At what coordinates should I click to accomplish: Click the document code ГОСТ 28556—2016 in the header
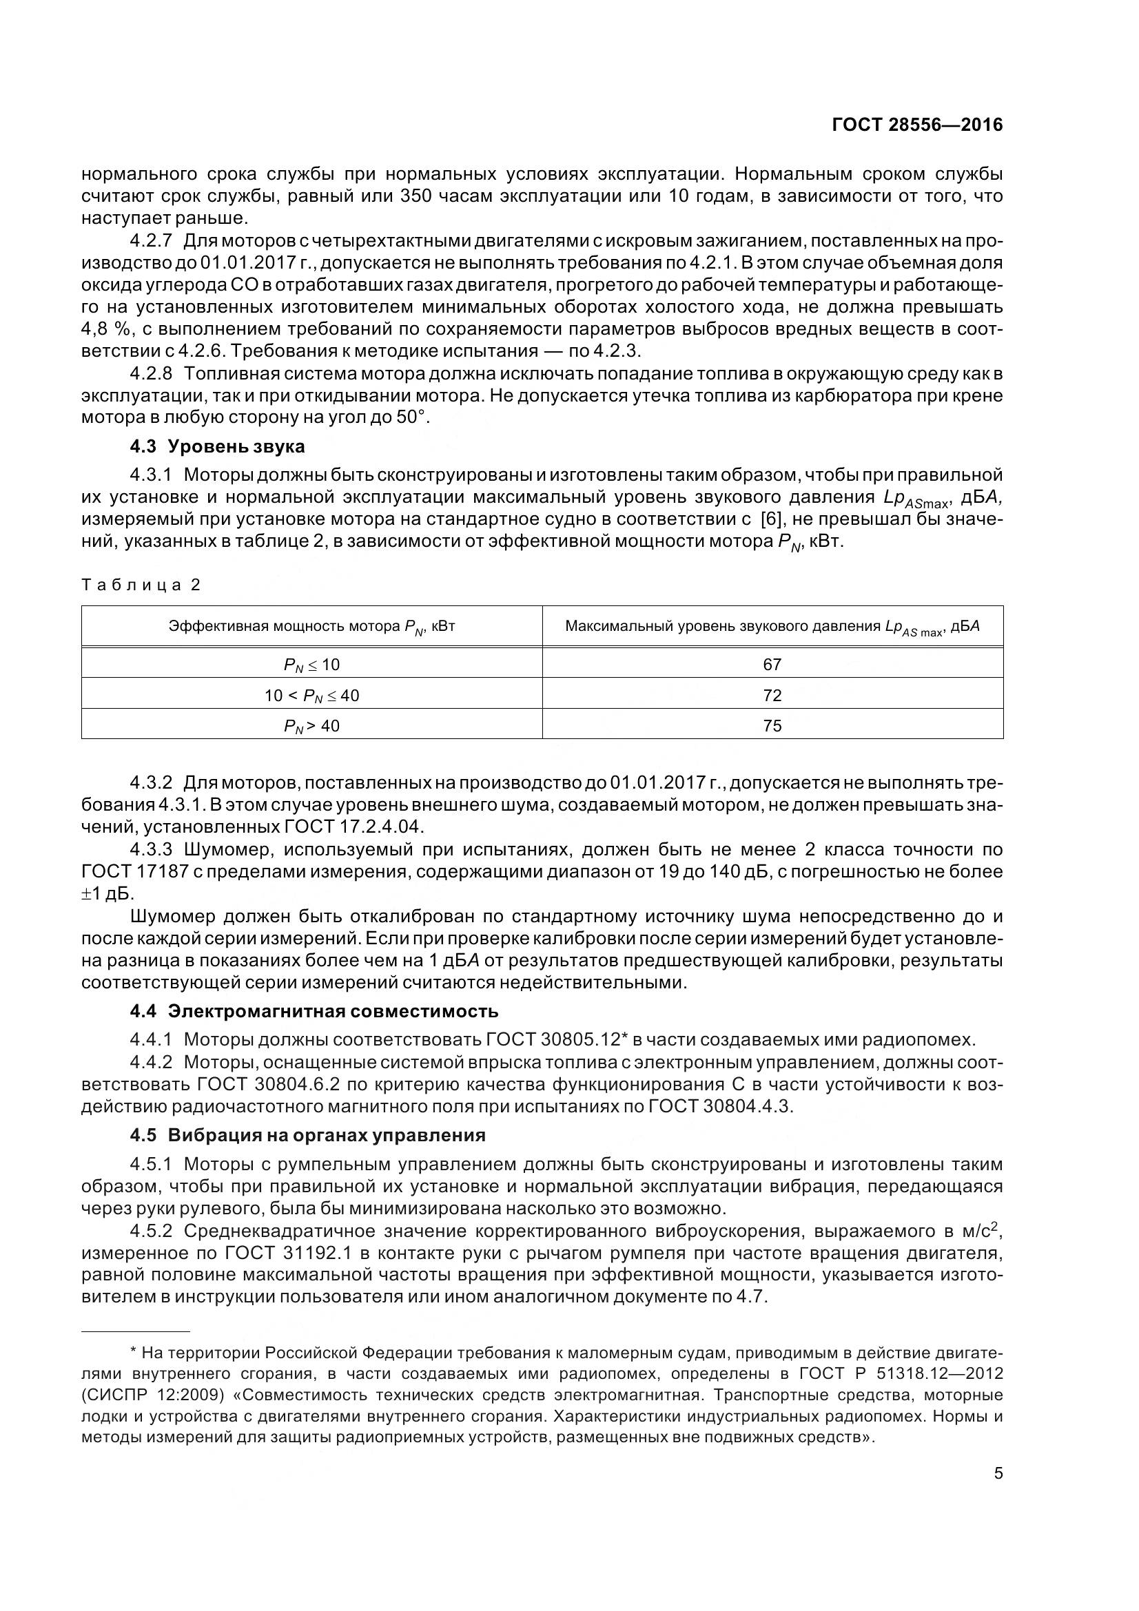pos(916,125)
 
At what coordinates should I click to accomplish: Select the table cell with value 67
pos(772,664)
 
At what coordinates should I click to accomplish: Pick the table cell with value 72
pos(772,696)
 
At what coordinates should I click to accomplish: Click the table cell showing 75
pos(772,725)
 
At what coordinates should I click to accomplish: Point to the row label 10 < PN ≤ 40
pos(311,696)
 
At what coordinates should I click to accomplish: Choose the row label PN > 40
pos(311,725)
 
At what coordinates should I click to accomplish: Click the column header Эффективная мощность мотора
pos(311,626)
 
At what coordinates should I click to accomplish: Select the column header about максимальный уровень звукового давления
pos(772,626)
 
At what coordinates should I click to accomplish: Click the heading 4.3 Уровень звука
pos(218,446)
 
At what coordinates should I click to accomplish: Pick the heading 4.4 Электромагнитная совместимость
pos(314,1011)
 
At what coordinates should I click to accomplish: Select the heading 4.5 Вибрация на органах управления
pos(307,1135)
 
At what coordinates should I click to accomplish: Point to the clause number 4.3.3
pos(151,850)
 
